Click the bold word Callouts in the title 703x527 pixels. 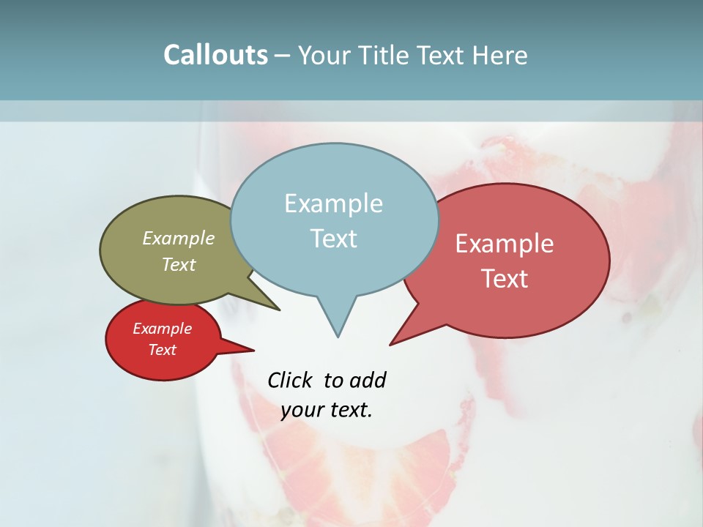pos(215,55)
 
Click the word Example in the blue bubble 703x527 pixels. pos(333,203)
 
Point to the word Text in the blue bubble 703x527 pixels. pos(333,238)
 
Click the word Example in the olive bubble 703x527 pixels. pos(178,238)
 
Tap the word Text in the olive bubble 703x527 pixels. pos(178,264)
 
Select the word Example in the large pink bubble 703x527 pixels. pos(505,244)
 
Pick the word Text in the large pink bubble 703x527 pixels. pos(505,278)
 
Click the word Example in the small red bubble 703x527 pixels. pos(162,329)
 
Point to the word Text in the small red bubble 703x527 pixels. pos(162,350)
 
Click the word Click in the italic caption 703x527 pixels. pos(291,380)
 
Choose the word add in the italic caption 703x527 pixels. pos(367,380)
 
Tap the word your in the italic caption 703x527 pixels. pos(302,410)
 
